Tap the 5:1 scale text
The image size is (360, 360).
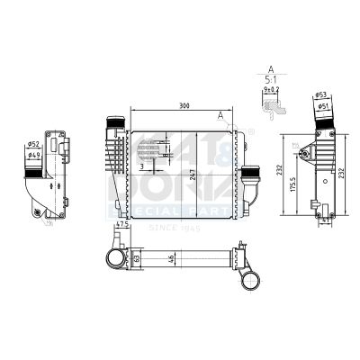coord(270,78)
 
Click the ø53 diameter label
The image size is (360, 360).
coord(322,94)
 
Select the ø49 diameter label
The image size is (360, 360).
coord(32,155)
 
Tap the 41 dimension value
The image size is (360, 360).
coord(326,219)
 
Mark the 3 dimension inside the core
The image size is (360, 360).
coord(142,166)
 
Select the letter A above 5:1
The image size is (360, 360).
coord(270,67)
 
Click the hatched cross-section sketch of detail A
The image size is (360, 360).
coord(273,104)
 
